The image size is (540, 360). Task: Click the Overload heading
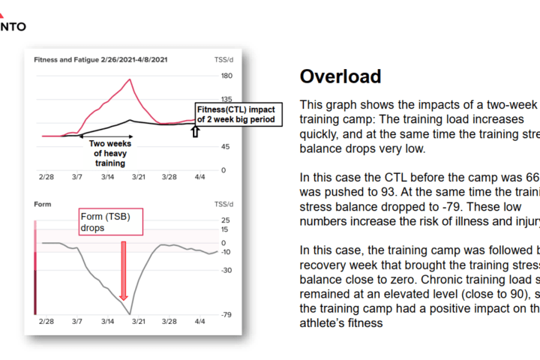[x=340, y=76]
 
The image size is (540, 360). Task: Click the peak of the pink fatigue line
[x=130, y=79]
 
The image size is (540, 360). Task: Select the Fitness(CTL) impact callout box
[x=238, y=114]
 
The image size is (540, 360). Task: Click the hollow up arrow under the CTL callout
[x=196, y=132]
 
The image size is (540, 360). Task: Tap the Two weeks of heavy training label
[x=109, y=153]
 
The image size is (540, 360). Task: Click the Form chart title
[x=43, y=203]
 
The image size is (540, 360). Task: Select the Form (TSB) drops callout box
[x=109, y=222]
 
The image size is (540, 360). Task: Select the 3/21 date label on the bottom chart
[x=139, y=321]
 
